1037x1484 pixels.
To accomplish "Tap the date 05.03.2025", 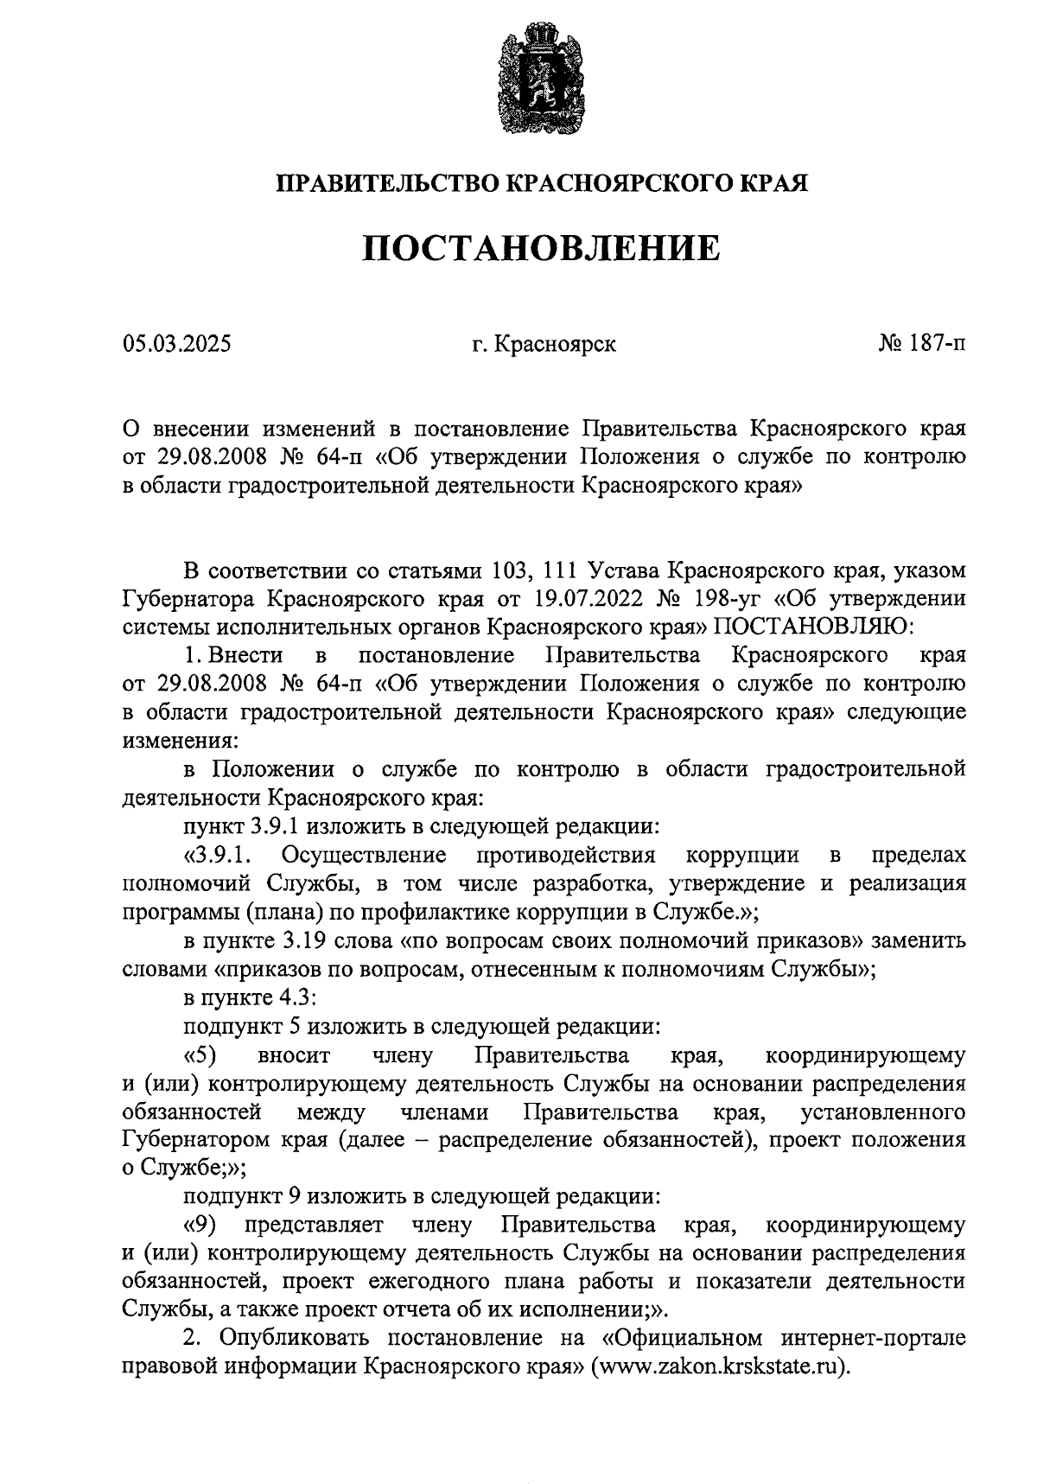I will click(176, 345).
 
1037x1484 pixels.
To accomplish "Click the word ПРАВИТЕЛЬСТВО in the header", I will click(387, 183).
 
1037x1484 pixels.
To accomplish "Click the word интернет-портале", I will click(873, 1338).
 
